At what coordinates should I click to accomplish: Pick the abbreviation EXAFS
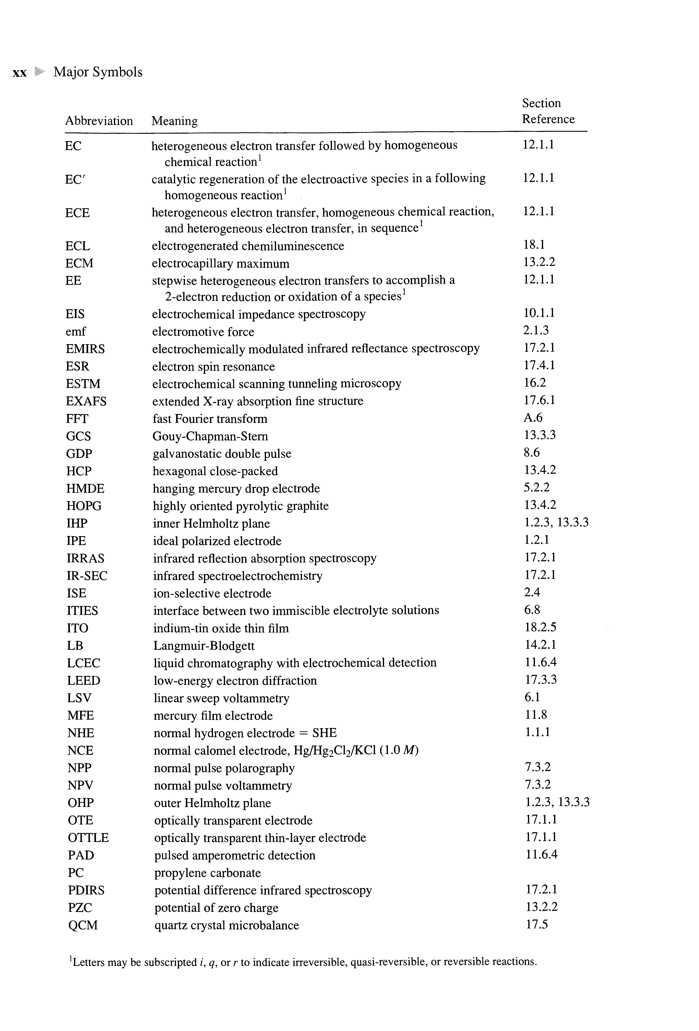[x=86, y=401]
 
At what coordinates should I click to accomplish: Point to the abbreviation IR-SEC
[x=87, y=576]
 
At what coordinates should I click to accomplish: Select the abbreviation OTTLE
[x=88, y=838]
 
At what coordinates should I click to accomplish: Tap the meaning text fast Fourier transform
[x=210, y=419]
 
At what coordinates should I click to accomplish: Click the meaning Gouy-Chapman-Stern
[x=210, y=436]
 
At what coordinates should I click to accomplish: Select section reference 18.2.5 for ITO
[x=540, y=627]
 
